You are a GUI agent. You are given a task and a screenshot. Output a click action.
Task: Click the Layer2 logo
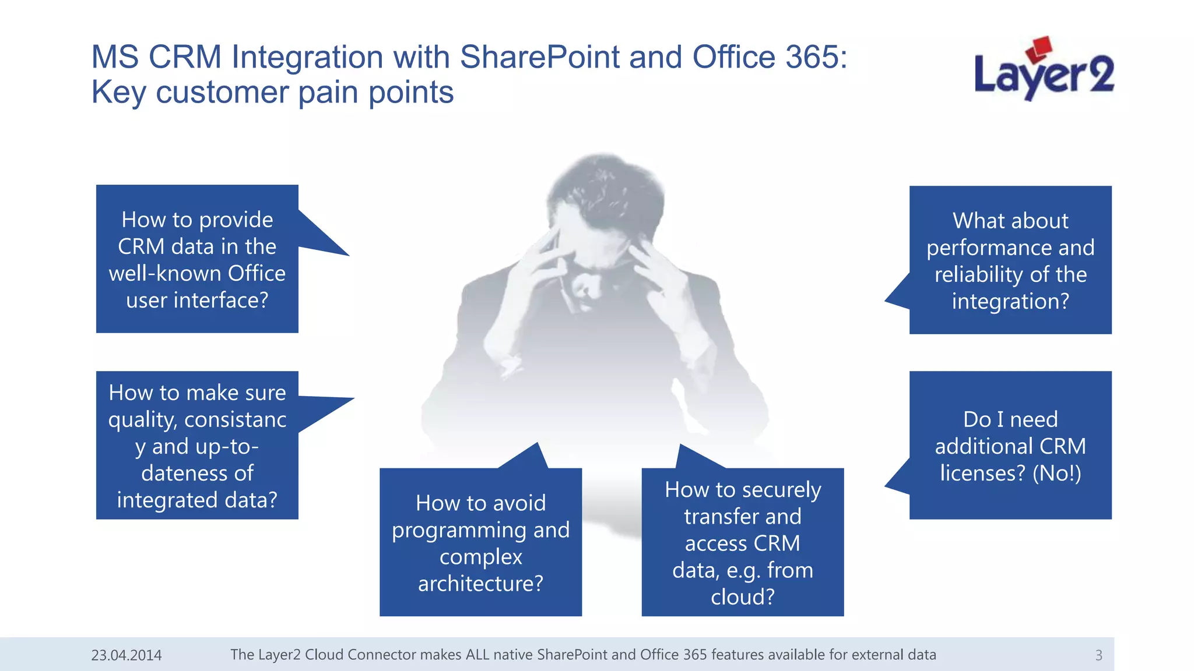1044,70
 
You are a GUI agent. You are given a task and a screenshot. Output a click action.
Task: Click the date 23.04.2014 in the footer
127,655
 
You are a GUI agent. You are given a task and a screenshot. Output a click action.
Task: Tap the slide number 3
1098,655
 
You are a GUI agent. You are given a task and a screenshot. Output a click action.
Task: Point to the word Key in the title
118,93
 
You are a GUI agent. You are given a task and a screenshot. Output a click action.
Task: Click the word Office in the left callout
256,273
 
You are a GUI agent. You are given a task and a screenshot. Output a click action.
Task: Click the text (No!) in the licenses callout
1056,473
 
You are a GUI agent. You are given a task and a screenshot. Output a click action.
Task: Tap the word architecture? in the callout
480,584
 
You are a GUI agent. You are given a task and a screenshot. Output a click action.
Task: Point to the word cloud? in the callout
743,597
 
